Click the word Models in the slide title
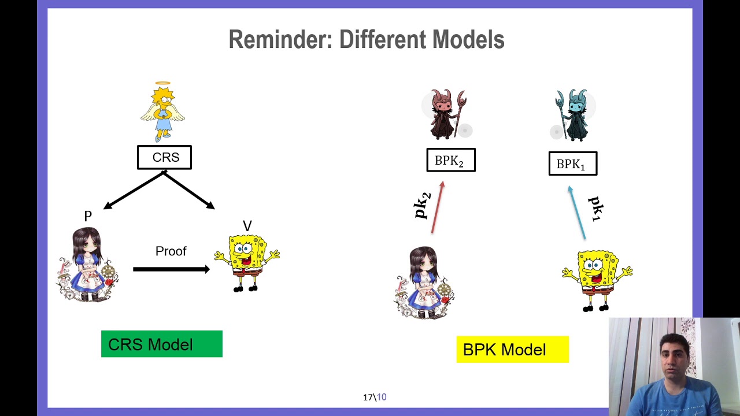pos(468,39)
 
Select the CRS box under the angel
pos(165,158)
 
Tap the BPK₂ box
pos(451,160)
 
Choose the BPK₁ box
pos(573,164)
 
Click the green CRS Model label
pos(162,344)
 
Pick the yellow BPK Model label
pos(513,350)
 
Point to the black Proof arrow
pos(172,269)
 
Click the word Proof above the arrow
pos(171,251)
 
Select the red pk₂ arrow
pos(438,207)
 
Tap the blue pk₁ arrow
pos(577,213)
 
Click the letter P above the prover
pos(88,216)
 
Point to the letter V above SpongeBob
pos(247,226)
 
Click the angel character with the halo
pos(162,112)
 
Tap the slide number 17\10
pos(375,397)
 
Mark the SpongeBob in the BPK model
pos(597,281)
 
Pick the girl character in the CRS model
pos(88,265)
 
